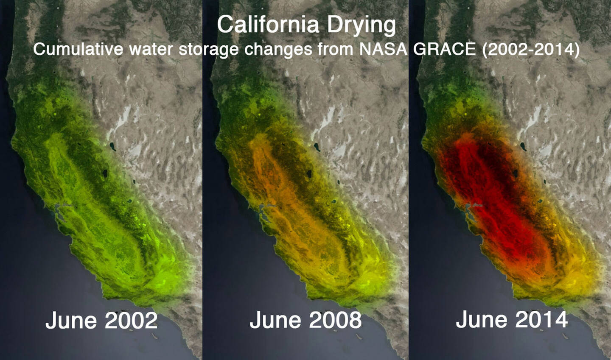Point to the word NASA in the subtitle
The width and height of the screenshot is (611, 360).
pos(384,49)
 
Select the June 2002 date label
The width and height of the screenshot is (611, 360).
pos(101,320)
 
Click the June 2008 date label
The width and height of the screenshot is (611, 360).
pos(305,320)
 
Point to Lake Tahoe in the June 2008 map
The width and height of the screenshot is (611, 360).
pos(308,174)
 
